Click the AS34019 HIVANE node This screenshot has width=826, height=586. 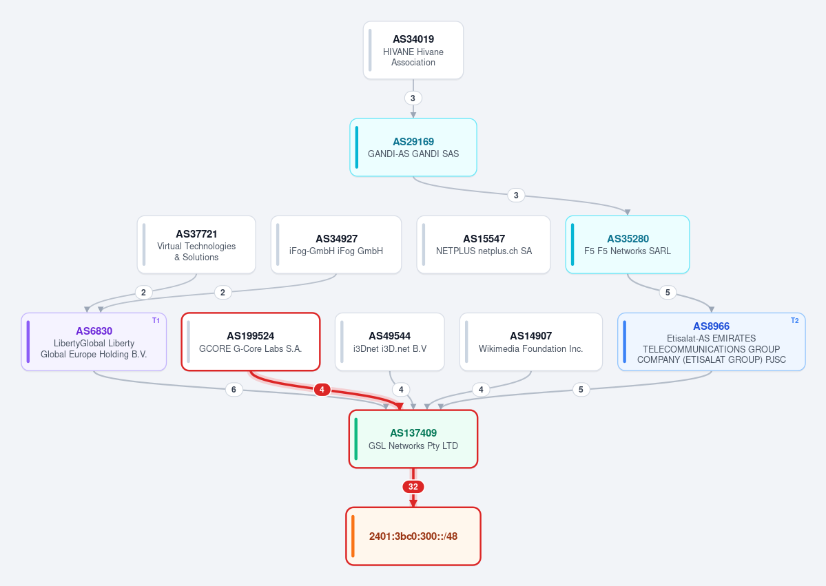coord(413,50)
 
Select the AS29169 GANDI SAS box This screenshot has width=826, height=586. coord(413,147)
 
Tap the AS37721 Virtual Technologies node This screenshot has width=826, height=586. coord(196,245)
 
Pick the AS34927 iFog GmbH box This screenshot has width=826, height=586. coord(336,245)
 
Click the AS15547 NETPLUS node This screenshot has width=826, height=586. coord(484,245)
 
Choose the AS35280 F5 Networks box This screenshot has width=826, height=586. coord(628,245)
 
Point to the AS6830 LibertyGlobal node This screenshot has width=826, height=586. coord(94,342)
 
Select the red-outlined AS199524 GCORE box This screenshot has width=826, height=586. coord(251,342)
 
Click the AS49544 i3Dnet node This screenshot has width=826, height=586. coord(390,342)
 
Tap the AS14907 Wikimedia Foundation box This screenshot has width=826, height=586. coord(531,342)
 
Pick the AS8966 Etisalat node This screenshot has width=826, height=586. coord(711,342)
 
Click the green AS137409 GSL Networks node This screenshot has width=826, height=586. coord(413,439)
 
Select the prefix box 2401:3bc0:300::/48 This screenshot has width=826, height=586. coord(413,536)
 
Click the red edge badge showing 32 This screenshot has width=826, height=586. coord(413,487)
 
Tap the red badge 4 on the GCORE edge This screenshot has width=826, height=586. coord(322,390)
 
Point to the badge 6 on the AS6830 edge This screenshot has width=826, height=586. coord(234,390)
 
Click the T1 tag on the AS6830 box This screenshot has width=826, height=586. coord(156,321)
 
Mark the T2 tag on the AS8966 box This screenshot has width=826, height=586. coord(794,321)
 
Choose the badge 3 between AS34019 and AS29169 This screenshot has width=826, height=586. coord(413,98)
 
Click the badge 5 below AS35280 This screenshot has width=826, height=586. coord(668,292)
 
